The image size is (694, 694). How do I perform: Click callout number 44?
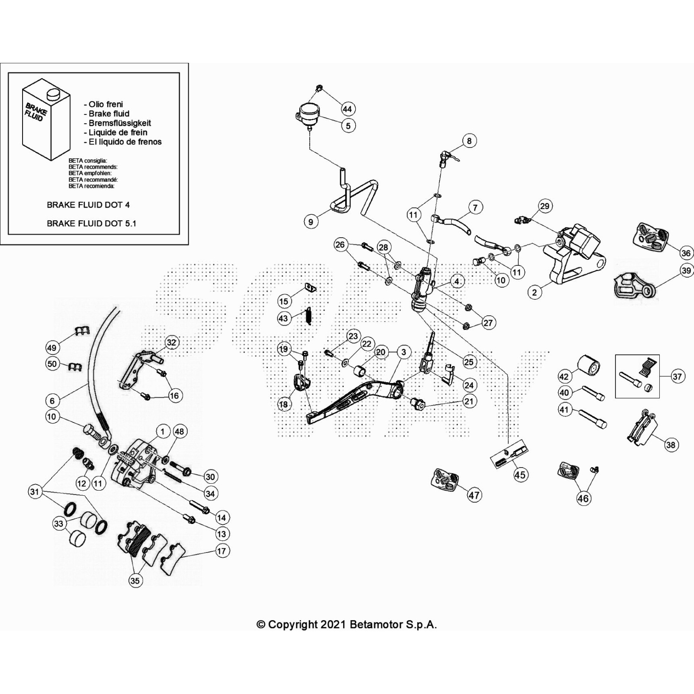coord(347,109)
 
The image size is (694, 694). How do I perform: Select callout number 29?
coord(544,206)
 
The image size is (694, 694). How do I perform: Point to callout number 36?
coord(685,253)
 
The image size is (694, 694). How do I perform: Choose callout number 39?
coord(686,271)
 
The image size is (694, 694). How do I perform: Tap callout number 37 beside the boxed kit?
coord(677,376)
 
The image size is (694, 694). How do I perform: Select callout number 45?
coord(520,475)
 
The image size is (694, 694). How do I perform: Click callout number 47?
coord(474,495)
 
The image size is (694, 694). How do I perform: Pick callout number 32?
coord(171,342)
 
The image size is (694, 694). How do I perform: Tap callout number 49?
coord(52,347)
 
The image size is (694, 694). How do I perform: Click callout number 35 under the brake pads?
coord(135,580)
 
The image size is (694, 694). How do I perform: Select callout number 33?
coord(59,524)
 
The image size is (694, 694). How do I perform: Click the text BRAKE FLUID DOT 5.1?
coord(91,223)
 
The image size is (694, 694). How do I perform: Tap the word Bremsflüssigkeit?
coord(120,123)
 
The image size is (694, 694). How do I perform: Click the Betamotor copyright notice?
coord(347,625)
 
